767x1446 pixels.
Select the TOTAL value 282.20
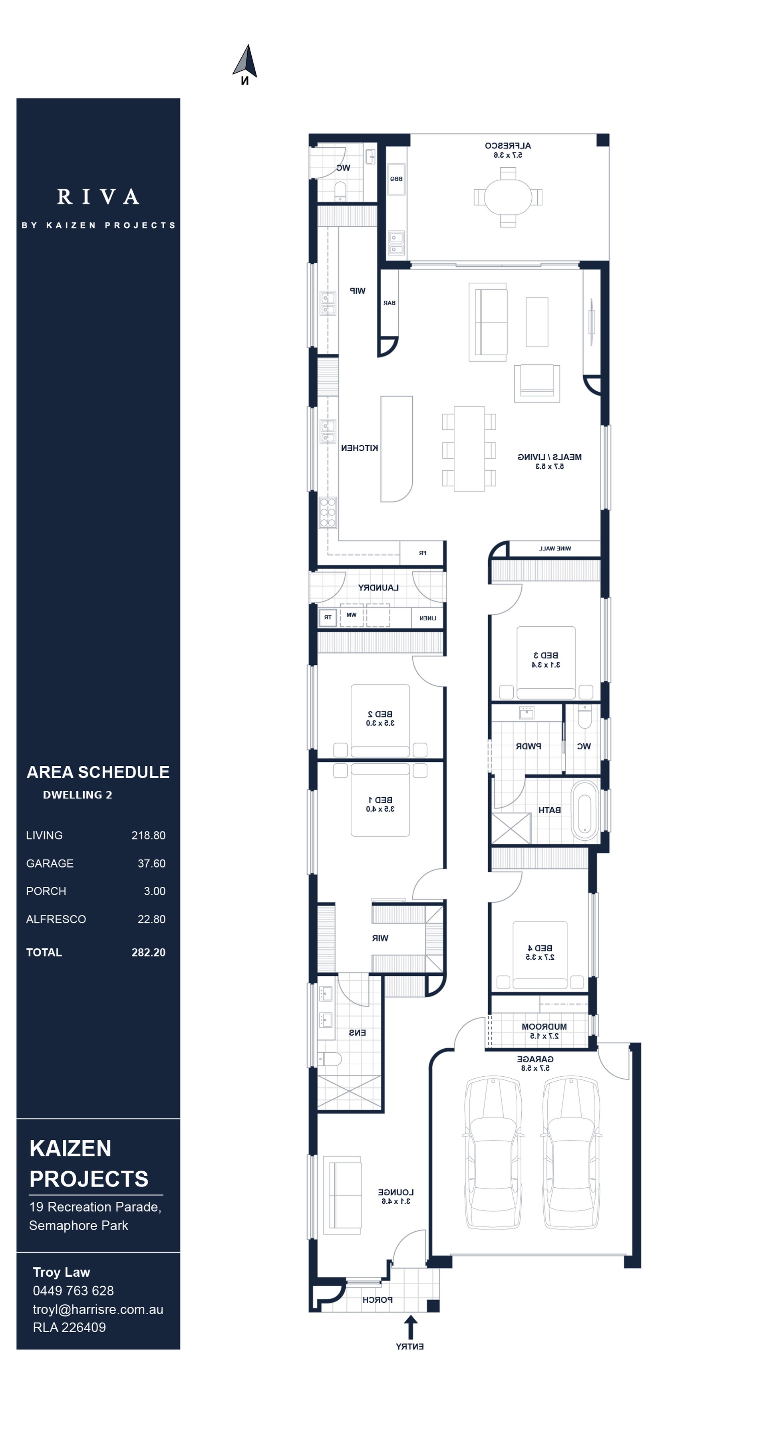[x=148, y=953]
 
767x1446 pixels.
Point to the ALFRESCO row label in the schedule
[x=56, y=919]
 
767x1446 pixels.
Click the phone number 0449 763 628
[x=73, y=1291]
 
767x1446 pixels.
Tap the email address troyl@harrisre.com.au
[x=98, y=1309]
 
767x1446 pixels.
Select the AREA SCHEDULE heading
[x=98, y=773]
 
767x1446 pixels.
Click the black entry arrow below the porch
[x=410, y=1327]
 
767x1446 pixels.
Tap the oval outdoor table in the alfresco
[x=508, y=197]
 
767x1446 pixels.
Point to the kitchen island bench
[x=396, y=448]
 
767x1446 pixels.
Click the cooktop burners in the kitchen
[x=328, y=513]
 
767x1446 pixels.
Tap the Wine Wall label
[x=555, y=549]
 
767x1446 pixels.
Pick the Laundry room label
[x=378, y=588]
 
